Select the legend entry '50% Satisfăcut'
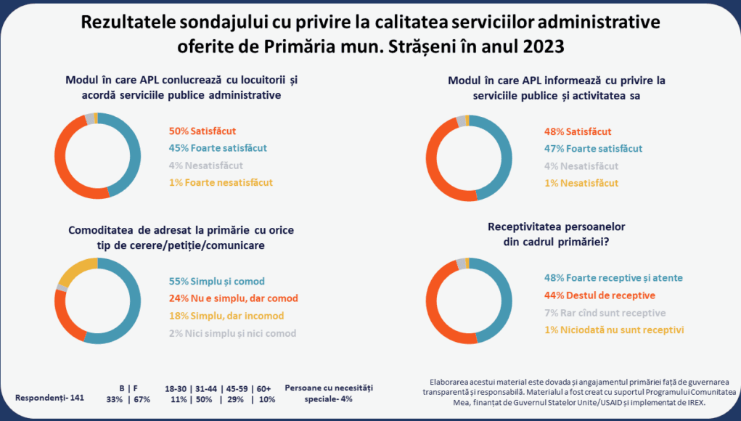pos(202,131)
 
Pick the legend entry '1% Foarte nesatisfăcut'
pos(221,182)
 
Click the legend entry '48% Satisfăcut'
pos(577,131)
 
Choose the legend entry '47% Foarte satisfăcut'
pos(593,148)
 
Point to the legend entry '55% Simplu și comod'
pos(216,281)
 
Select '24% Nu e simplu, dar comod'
pos(233,298)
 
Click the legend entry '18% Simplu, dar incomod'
pos(226,316)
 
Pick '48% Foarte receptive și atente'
pos(613,277)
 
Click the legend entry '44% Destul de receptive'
pos(599,295)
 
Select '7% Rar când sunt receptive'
pos(605,313)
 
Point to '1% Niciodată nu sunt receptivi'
pos(614,330)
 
